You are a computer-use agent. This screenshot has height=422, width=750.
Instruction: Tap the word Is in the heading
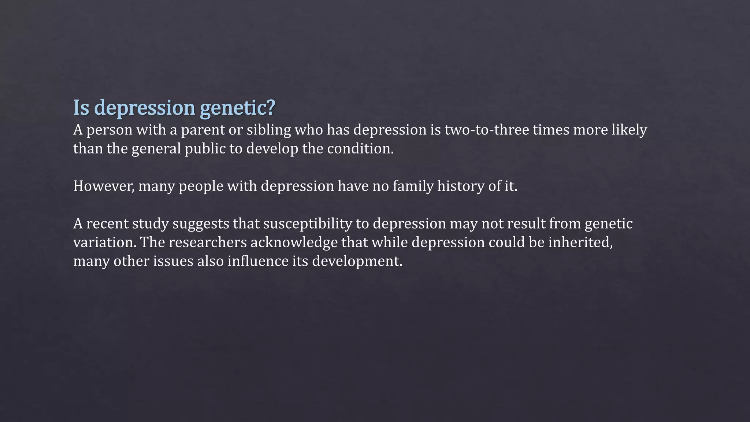coord(81,108)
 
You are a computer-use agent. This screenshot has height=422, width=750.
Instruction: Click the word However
coord(104,186)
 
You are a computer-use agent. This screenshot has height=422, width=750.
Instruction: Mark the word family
coord(413,186)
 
